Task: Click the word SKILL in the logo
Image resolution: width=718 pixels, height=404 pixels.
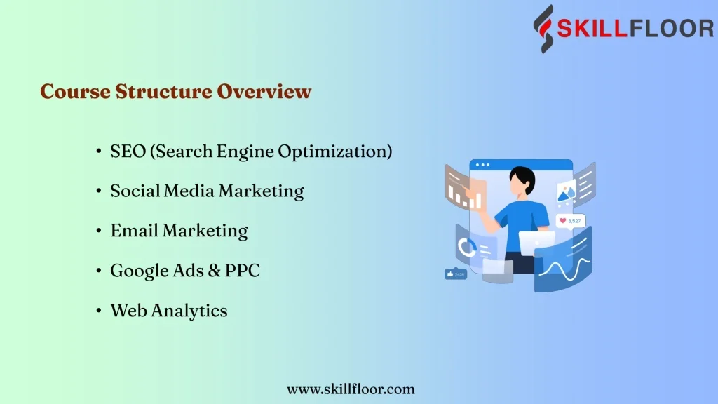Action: click(591, 28)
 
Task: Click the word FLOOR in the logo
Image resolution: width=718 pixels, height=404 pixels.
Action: click(672, 28)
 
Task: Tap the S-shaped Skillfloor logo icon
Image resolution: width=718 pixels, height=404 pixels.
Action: click(543, 29)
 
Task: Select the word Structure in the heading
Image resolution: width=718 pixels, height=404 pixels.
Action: click(163, 91)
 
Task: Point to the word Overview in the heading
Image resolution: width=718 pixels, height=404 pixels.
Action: click(264, 91)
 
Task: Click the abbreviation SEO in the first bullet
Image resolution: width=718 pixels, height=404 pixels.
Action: click(128, 151)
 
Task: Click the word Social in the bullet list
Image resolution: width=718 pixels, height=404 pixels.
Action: click(135, 191)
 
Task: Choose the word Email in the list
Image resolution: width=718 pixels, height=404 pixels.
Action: click(134, 230)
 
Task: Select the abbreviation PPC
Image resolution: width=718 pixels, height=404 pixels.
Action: click(242, 270)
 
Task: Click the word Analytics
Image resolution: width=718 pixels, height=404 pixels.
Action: click(189, 311)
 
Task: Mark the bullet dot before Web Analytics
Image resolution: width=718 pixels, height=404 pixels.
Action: click(98, 311)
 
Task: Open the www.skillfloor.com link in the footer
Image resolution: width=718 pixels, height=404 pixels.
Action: click(351, 389)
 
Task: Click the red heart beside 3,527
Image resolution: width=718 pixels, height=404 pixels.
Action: click(563, 221)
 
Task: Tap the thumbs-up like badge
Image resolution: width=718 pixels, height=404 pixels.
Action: click(456, 274)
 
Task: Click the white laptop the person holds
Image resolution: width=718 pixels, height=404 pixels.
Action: click(536, 243)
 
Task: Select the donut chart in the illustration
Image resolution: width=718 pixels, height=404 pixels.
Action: click(466, 248)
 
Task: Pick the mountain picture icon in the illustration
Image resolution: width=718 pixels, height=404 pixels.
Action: click(567, 192)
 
